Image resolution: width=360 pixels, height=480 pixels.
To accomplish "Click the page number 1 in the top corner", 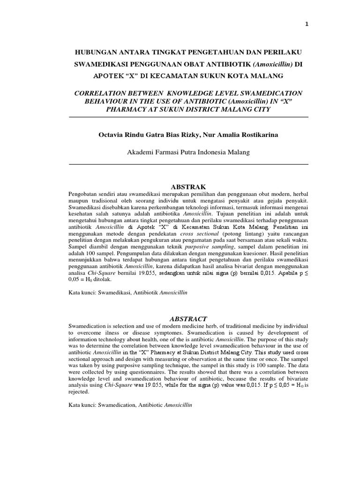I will [307, 25].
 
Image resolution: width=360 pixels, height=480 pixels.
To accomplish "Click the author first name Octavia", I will [111, 135].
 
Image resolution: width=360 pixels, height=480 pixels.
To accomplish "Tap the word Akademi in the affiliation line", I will [140, 152].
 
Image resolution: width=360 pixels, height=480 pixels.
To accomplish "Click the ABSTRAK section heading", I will [188, 187].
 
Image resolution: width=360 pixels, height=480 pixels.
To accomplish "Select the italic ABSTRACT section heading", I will [188, 319].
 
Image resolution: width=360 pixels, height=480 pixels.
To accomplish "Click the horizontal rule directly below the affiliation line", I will [188, 165].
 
